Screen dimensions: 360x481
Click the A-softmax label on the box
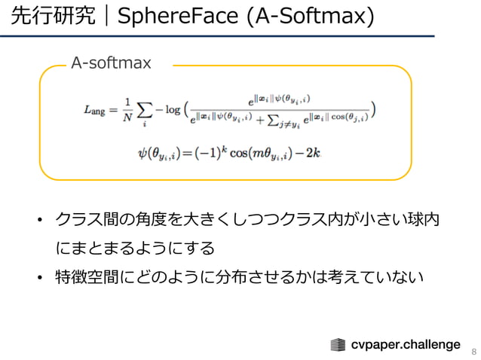[111, 63]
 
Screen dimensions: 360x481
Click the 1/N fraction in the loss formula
[129, 110]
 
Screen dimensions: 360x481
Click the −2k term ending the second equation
[311, 153]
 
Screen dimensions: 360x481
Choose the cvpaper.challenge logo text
[406, 344]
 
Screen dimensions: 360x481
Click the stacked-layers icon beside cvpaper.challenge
[339, 345]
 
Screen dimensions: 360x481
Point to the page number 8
[473, 352]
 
